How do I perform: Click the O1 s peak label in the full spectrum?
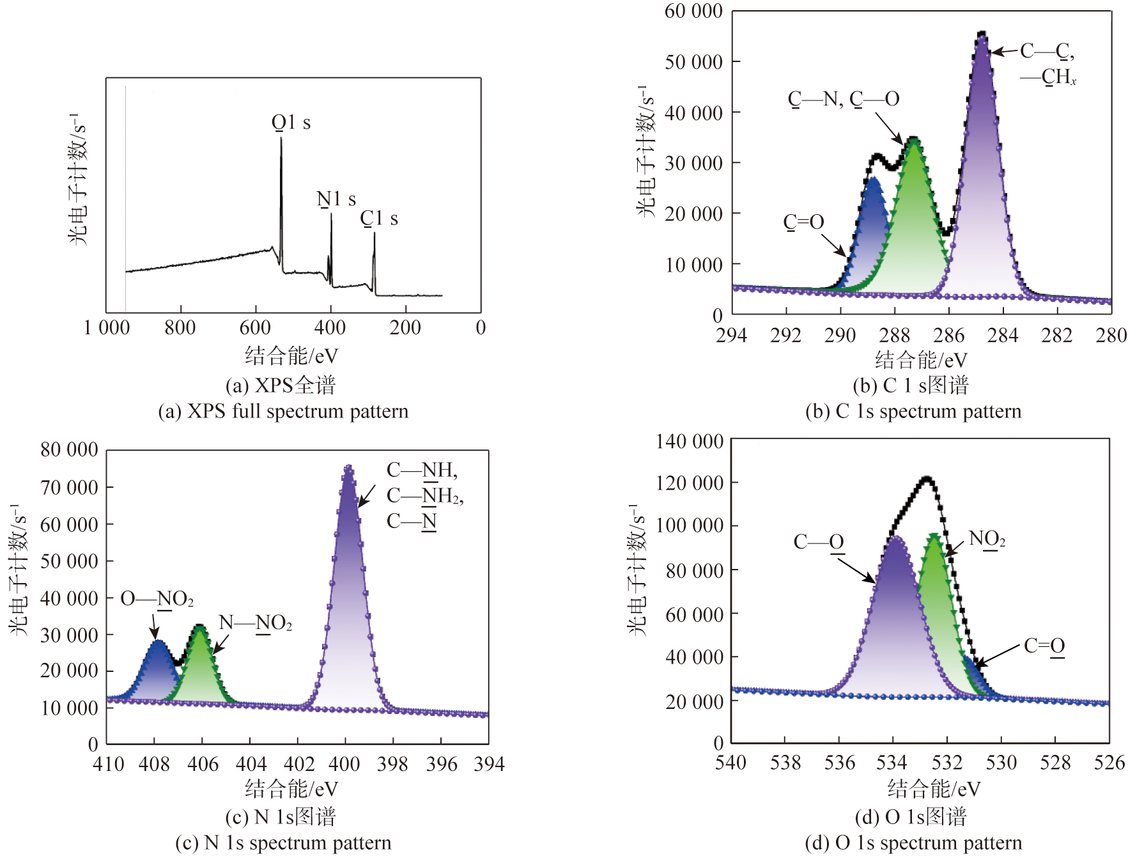291,122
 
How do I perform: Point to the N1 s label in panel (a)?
336,199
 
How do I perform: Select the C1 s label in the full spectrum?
379,219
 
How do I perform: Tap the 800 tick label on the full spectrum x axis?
180,328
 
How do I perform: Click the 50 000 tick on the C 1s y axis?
693,62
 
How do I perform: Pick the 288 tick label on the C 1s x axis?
894,335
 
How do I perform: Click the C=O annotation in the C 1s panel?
803,222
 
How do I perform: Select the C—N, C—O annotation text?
843,98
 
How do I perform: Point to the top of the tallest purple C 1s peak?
982,34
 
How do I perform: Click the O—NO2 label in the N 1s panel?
157,599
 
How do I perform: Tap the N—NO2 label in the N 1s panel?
255,623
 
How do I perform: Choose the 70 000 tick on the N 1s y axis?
69,488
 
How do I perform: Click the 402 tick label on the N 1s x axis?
298,764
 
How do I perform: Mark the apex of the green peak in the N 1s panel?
200,627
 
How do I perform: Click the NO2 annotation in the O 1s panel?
987,539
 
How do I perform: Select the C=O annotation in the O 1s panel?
1044,646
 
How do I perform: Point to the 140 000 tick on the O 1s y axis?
690,441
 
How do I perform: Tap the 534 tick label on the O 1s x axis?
892,763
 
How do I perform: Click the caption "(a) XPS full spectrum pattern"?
283,411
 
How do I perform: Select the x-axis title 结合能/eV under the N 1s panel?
291,789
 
